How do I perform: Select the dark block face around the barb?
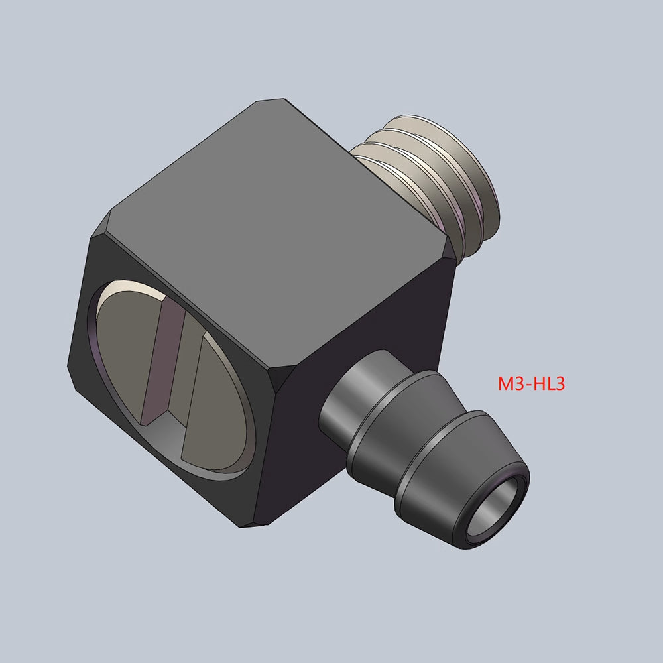pyautogui.click(x=371, y=331)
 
